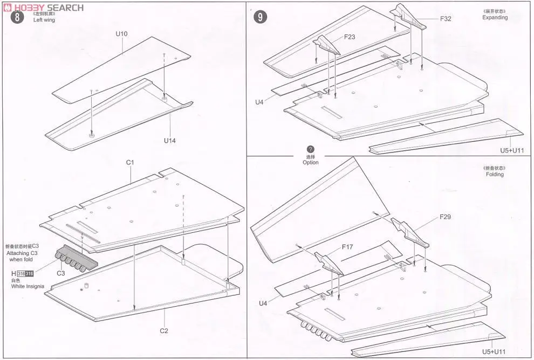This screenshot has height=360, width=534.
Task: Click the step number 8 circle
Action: pos(18,17)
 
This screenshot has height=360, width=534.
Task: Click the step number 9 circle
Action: pos(261,17)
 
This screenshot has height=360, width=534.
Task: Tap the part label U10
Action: pos(121,34)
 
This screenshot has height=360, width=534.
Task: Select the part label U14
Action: pos(170,141)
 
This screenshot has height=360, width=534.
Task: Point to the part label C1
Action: pos(130,162)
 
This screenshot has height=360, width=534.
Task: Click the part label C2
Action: pos(163,330)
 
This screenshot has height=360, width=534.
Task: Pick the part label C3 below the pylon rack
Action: pos(61,273)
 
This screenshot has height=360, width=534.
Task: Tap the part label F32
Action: pos(445,18)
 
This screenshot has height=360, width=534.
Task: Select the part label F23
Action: pos(351,38)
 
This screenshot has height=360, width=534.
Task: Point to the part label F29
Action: pos(445,217)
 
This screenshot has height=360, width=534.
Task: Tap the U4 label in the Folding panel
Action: pos(263,303)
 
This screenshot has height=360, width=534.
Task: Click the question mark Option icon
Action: pos(310,149)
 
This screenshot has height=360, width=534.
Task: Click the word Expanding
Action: pos(495,17)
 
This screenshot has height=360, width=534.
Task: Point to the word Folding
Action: pos(494,175)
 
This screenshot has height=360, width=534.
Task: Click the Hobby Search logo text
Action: pos(48,8)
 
